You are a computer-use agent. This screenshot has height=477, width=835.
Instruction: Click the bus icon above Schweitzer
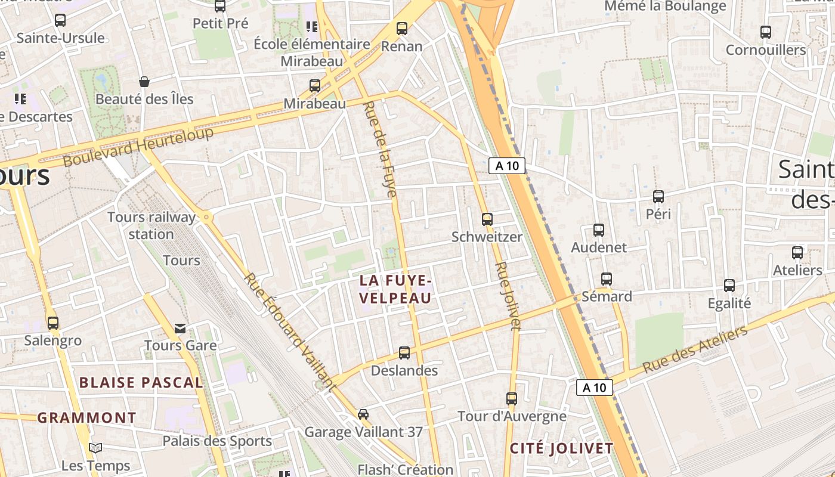tap(487, 219)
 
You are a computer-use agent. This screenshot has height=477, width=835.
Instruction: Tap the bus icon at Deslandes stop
tap(404, 353)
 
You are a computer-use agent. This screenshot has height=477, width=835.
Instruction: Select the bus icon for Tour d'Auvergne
tap(512, 399)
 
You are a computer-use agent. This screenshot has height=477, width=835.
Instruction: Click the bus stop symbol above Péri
tap(658, 197)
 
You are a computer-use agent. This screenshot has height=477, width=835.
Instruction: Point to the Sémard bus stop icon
tap(607, 279)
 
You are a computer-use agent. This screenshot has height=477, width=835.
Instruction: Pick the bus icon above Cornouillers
tap(766, 32)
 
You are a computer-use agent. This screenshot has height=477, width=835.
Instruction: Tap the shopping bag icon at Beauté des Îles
tap(144, 82)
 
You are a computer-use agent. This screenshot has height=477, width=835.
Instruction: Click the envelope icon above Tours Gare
tap(180, 328)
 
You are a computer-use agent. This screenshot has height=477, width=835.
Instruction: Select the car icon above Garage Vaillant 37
tap(363, 414)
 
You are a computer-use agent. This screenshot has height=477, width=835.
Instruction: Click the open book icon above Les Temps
tap(95, 448)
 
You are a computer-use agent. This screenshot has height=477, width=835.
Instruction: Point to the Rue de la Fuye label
tap(380, 149)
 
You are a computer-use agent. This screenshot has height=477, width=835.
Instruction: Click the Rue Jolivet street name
tap(508, 296)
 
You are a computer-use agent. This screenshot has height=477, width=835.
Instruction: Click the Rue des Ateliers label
tap(695, 350)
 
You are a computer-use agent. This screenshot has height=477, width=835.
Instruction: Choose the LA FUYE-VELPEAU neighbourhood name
tap(395, 289)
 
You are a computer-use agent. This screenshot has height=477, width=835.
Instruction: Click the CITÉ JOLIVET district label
tap(561, 448)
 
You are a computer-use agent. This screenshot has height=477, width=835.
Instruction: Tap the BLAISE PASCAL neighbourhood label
tap(141, 383)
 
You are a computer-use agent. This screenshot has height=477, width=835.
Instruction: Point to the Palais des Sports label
tap(218, 441)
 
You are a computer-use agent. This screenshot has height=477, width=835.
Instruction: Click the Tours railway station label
tap(151, 225)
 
